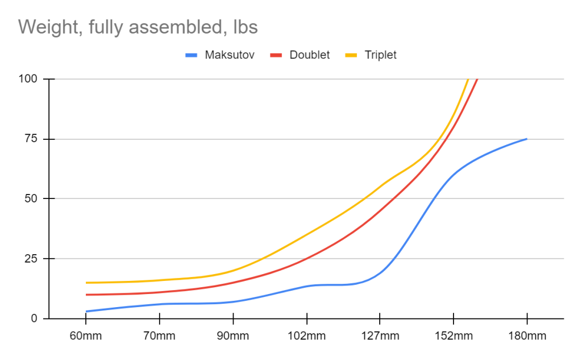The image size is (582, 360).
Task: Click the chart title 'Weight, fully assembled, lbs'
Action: tap(138, 26)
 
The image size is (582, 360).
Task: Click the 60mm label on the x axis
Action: tap(86, 336)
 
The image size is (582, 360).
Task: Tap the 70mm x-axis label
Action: tap(159, 336)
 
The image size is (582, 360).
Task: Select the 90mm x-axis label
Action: tap(232, 336)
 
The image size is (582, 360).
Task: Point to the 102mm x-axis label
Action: tap(306, 336)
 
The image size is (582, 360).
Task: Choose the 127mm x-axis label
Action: tap(380, 336)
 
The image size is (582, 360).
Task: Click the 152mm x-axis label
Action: tap(453, 336)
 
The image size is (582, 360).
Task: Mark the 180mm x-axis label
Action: tap(527, 336)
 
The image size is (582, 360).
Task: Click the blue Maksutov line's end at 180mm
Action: tap(527, 139)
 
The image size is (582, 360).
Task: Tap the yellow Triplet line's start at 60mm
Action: tap(86, 283)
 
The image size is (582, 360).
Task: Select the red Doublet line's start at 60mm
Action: tap(86, 295)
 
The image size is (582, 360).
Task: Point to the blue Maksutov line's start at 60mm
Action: tap(86, 311)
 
